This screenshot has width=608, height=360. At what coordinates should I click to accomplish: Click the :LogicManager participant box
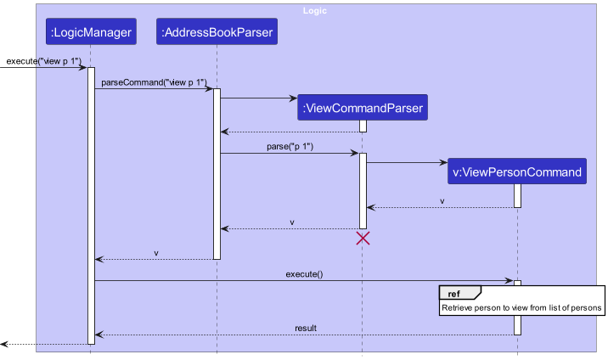[x=91, y=33]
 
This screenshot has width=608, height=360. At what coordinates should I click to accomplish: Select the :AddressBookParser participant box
[x=217, y=33]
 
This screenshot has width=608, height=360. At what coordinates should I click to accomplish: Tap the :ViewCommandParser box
[x=362, y=108]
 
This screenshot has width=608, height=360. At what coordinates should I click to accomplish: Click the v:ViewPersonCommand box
[x=517, y=172]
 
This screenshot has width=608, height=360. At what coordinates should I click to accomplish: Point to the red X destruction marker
[x=363, y=239]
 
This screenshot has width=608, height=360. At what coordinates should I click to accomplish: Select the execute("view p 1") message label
[x=44, y=61]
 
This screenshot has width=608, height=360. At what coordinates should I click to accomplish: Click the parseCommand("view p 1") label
[x=154, y=82]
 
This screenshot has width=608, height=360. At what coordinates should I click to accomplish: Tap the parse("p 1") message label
[x=290, y=146]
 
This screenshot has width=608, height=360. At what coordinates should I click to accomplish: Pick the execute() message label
[x=304, y=274]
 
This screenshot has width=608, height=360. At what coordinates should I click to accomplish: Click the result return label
[x=306, y=328]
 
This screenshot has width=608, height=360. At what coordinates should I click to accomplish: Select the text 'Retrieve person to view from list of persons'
[x=521, y=307]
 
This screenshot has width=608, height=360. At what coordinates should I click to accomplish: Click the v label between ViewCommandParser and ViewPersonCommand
[x=442, y=201]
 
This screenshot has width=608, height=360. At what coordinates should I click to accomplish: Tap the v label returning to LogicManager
[x=155, y=253]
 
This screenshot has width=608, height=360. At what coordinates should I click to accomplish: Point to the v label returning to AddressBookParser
[x=292, y=222]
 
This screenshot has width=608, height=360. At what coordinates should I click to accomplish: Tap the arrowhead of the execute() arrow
[x=509, y=281]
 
